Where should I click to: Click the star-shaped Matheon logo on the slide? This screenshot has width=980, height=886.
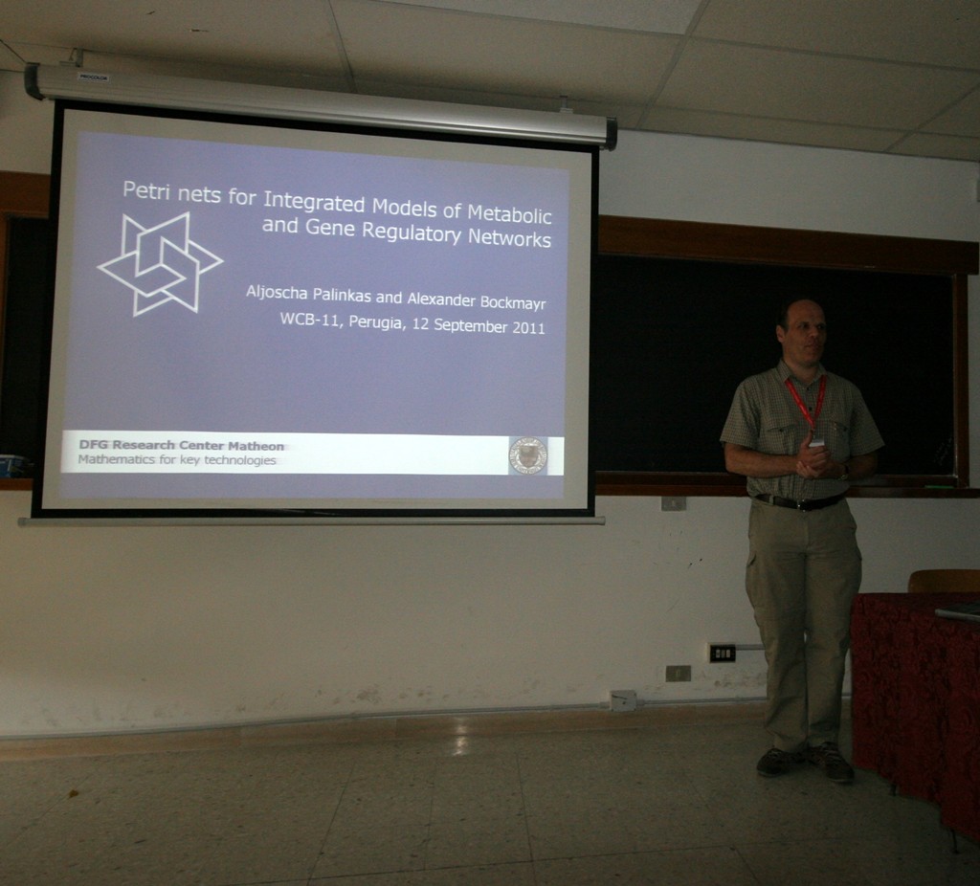coord(160,264)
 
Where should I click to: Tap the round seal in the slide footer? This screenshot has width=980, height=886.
coord(528,455)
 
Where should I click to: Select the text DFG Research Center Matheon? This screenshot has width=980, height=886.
coord(181,446)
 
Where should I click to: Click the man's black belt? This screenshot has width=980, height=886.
coord(799,501)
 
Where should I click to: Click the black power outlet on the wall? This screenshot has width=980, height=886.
coord(723,653)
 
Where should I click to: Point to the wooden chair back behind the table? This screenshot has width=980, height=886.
coord(945,582)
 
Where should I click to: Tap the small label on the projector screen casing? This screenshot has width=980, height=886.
coord(93,78)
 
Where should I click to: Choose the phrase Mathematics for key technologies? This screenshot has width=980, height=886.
coord(177,460)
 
